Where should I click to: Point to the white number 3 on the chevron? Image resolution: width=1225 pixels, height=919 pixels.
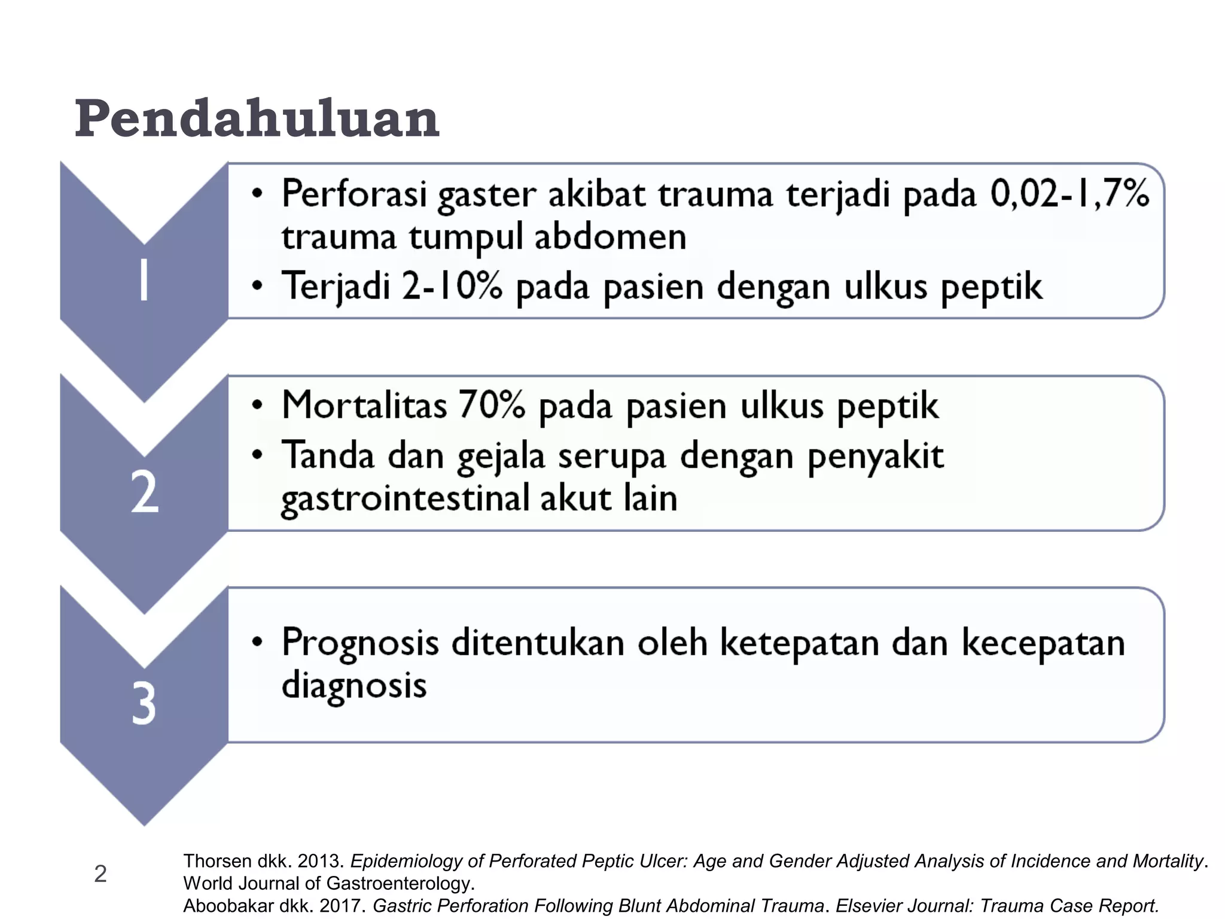[x=144, y=704]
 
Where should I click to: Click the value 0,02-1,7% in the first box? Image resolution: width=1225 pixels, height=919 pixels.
[x=1069, y=194]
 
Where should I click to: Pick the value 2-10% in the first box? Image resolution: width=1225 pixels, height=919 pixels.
[x=452, y=286]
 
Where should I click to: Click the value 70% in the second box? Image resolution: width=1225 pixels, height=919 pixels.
[x=492, y=405]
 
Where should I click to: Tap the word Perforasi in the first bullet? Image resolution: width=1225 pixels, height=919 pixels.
[x=354, y=194]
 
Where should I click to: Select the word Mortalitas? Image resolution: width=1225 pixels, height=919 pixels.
[x=364, y=405]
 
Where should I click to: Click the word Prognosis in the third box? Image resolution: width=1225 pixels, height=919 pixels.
[x=360, y=643]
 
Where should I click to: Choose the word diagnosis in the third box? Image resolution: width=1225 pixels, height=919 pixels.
[x=354, y=686]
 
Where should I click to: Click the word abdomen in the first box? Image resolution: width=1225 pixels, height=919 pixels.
[x=610, y=237]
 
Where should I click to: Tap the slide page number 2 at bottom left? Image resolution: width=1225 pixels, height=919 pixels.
[x=100, y=874]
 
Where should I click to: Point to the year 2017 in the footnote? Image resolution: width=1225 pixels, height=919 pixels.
[x=342, y=906]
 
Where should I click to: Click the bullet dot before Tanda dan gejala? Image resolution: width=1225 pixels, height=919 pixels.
[x=257, y=455]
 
